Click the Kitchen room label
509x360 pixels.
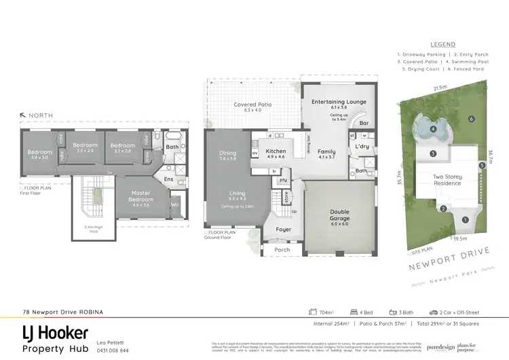(276, 151)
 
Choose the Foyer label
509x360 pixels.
(282, 230)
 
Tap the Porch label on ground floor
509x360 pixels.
(282, 249)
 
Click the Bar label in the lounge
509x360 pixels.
(364, 124)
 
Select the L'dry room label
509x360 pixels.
(362, 146)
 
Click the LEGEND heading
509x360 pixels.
(442, 43)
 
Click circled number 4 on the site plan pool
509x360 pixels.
(433, 129)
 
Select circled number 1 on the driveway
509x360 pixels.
(465, 219)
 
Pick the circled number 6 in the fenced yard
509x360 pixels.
(470, 120)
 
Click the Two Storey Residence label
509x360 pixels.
(447, 180)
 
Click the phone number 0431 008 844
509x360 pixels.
(113, 350)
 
